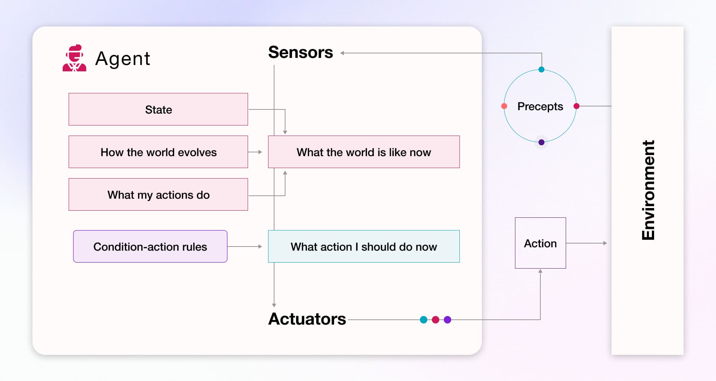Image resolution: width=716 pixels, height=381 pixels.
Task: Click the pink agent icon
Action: click(x=74, y=58)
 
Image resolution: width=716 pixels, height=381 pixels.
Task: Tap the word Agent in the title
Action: click(x=123, y=59)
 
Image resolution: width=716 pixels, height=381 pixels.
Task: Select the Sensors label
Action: click(x=300, y=52)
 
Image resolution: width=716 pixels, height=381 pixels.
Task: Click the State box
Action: click(x=158, y=109)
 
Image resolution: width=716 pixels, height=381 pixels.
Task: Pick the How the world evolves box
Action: click(x=158, y=152)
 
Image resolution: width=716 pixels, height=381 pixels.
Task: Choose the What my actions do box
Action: click(x=158, y=195)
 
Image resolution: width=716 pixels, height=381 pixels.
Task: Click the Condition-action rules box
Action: click(x=150, y=247)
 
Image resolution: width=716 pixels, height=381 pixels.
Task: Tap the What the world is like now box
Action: click(x=364, y=152)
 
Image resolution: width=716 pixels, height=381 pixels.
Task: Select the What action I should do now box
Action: click(x=364, y=247)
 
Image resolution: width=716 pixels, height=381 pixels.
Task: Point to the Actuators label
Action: click(x=307, y=319)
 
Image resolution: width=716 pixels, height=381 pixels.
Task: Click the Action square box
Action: click(x=540, y=243)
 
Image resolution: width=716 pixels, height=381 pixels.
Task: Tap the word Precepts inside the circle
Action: click(x=540, y=106)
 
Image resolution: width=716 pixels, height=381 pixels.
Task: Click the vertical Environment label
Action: click(x=648, y=190)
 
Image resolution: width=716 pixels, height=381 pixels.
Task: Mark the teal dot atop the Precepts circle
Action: click(x=541, y=69)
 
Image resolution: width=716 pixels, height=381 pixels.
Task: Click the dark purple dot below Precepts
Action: click(x=541, y=142)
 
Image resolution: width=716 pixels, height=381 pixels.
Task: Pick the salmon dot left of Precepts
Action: click(x=504, y=106)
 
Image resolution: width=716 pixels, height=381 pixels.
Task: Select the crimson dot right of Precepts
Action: click(x=577, y=106)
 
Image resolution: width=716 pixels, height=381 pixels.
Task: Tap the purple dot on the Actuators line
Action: click(x=447, y=320)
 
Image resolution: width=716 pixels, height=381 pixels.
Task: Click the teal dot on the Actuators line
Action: click(x=424, y=320)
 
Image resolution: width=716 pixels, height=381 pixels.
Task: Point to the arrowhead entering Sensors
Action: click(x=342, y=53)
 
